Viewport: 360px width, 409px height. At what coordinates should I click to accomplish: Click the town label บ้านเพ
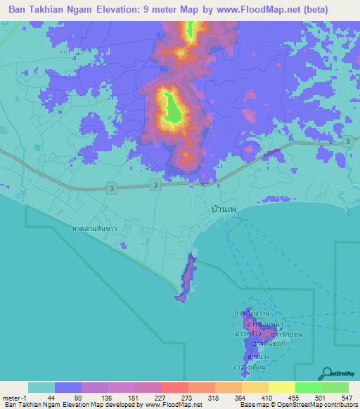[224, 209]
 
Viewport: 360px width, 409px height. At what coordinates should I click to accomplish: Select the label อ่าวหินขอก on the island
[268, 344]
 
